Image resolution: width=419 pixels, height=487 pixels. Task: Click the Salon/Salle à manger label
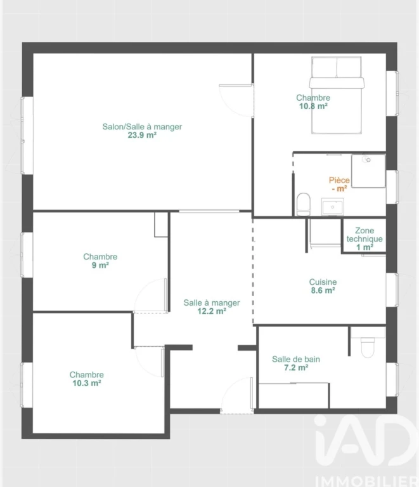(142, 127)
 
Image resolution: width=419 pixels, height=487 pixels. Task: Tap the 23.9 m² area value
(142, 135)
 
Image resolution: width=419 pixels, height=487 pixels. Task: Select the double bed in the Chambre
(337, 95)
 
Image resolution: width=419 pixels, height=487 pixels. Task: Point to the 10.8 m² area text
(313, 107)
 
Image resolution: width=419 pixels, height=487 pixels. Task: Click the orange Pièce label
(339, 180)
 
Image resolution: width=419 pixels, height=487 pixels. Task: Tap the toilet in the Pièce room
(304, 204)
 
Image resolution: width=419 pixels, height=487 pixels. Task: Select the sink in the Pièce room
(332, 207)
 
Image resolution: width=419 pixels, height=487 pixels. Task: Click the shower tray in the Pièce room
(368, 171)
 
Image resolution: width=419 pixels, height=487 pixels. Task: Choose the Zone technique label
(364, 235)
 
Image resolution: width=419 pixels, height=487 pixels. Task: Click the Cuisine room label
(323, 282)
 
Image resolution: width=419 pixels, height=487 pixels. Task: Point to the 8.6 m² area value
(323, 290)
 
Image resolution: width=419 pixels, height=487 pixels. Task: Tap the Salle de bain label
(296, 360)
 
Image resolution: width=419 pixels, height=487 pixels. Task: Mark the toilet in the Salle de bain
(368, 347)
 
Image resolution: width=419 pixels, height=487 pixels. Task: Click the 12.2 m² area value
(212, 311)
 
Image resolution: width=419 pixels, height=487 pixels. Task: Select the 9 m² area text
(100, 265)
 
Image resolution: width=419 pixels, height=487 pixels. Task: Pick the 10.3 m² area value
(87, 383)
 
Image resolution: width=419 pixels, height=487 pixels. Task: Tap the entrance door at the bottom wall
(237, 396)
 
